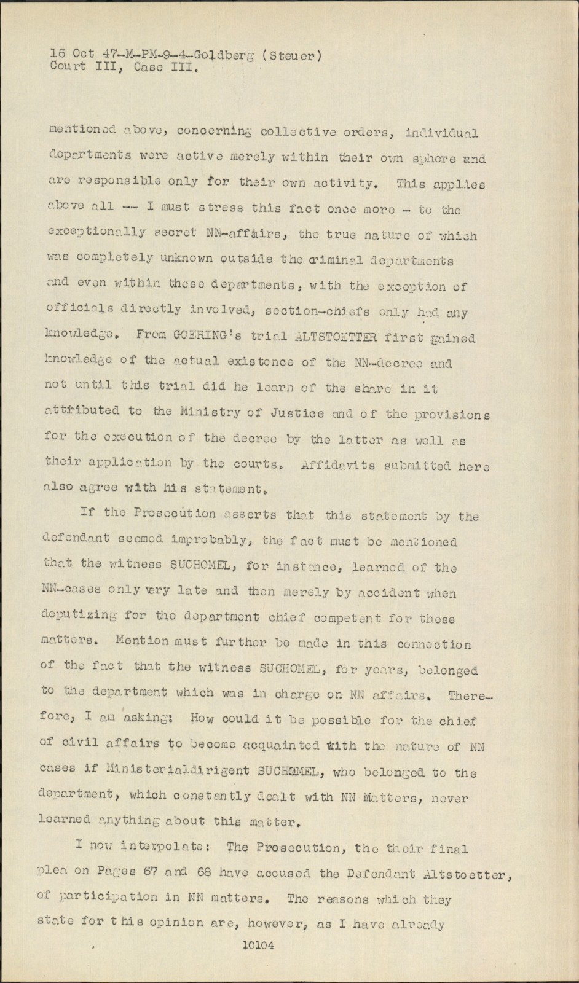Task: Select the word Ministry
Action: (x=209, y=412)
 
